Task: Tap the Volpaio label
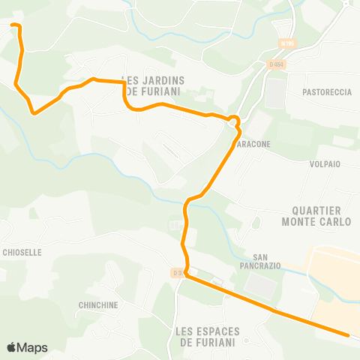pos(325,163)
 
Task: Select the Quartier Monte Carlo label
pos(316,216)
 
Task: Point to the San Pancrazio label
pos(265,261)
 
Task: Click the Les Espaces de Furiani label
pos(206,337)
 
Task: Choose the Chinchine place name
pos(98,305)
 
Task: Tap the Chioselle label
pos(22,253)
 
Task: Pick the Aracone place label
pos(255,142)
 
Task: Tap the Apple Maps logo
pos(27,347)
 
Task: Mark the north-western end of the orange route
pos(13,25)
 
